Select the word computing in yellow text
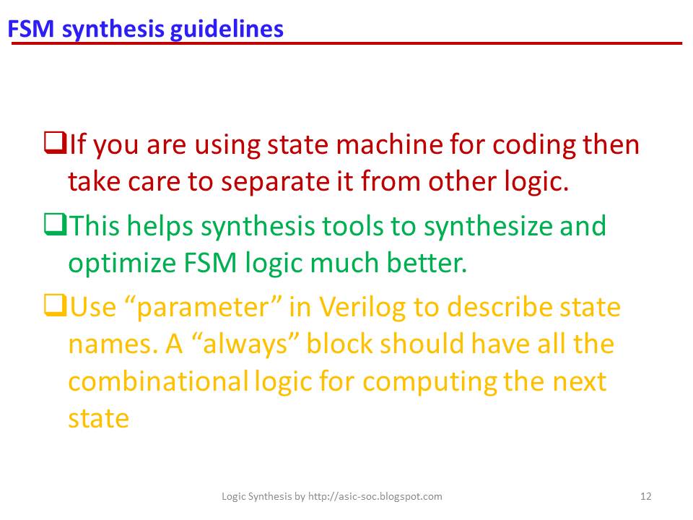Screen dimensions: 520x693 (430, 381)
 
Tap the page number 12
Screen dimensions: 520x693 (646, 496)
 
